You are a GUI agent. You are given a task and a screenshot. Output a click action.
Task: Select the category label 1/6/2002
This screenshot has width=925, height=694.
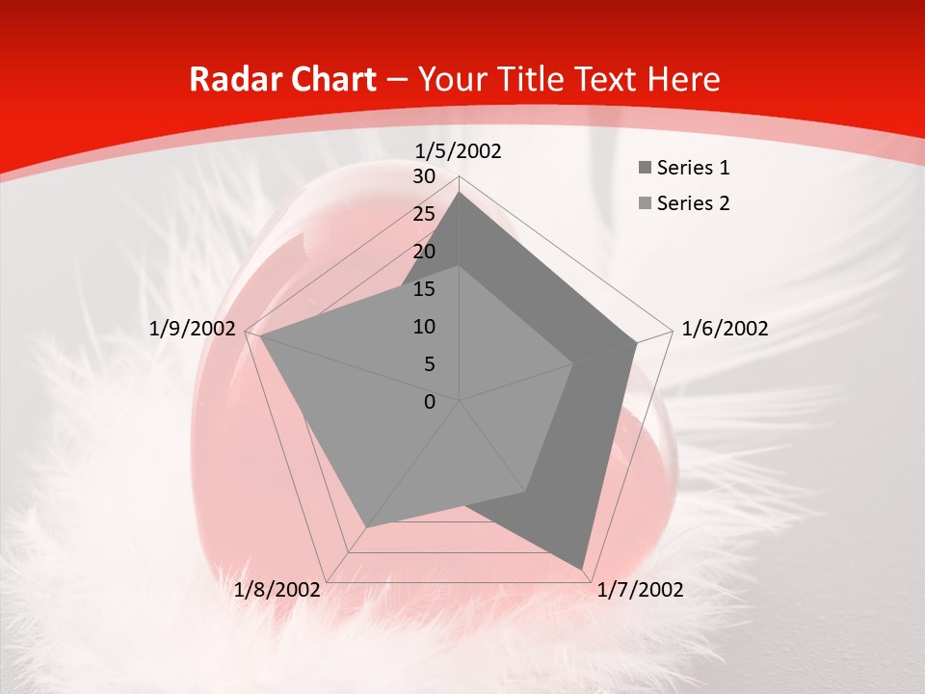(x=725, y=329)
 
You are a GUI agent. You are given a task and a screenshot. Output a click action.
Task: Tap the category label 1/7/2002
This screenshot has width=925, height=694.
(x=640, y=590)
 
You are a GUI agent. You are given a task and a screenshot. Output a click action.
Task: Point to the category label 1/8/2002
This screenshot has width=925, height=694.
(x=277, y=590)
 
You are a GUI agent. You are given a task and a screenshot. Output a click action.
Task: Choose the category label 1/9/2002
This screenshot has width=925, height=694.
(x=193, y=329)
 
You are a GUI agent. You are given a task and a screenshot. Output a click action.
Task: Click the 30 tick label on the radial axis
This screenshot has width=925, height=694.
(x=424, y=176)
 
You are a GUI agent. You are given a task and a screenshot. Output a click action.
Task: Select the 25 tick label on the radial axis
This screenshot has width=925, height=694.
(x=424, y=214)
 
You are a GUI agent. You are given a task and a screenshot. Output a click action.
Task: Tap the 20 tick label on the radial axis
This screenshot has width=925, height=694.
(x=424, y=252)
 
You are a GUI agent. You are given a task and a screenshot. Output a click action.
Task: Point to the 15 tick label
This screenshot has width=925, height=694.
(x=424, y=289)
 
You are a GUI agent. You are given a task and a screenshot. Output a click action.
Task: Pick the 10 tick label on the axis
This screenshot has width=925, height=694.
(x=424, y=327)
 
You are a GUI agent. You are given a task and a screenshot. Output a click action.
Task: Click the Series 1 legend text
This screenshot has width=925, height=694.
(x=693, y=168)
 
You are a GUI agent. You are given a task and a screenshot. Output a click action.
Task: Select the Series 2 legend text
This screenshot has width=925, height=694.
(x=693, y=203)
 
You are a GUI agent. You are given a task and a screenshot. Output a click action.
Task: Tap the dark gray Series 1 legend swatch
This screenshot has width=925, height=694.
(x=645, y=169)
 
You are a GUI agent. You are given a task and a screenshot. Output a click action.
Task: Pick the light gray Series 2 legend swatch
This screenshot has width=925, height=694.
(x=645, y=204)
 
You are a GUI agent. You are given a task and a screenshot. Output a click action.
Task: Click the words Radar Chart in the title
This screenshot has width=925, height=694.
(x=282, y=80)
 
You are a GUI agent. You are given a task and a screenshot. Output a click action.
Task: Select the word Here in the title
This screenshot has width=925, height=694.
(x=684, y=80)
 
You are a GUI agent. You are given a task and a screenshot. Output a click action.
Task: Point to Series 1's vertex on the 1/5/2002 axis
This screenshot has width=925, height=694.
(x=460, y=193)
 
